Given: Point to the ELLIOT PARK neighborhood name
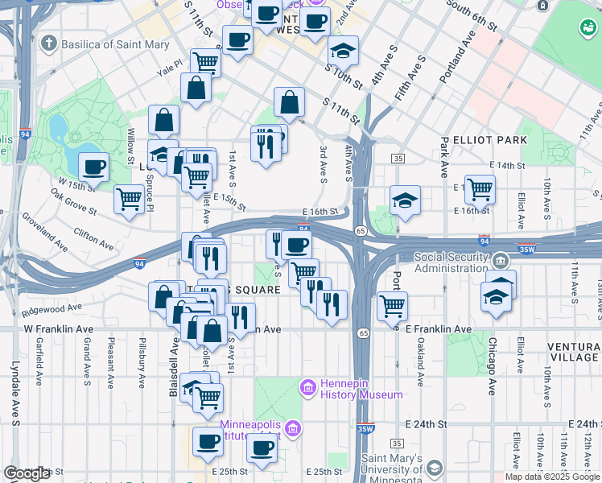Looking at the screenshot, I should click(489, 139).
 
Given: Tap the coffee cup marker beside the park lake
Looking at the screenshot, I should click(94, 167).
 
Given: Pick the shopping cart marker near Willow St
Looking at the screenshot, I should click(128, 198).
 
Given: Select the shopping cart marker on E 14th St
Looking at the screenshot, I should click(480, 189).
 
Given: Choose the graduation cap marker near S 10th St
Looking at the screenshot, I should click(344, 51).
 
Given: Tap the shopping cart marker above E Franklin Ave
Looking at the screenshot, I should click(392, 305).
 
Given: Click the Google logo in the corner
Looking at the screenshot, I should click(27, 473).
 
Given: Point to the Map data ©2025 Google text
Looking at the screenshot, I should click(551, 477).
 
